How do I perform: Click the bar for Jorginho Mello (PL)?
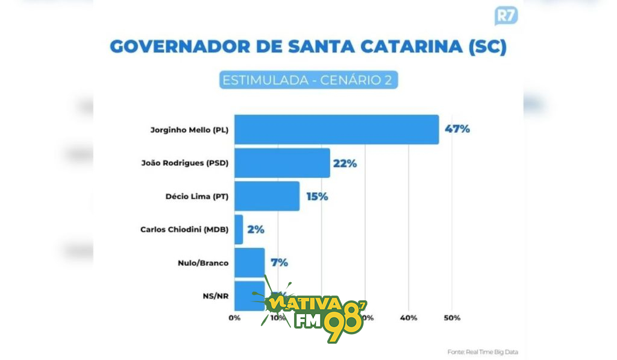(x=336, y=129)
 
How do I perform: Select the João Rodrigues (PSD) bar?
(x=282, y=163)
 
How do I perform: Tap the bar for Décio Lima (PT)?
(x=267, y=196)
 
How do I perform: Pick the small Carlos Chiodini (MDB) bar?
(x=239, y=229)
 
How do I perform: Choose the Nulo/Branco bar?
(x=249, y=262)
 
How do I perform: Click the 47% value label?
(x=457, y=129)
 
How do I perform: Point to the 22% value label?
(x=345, y=163)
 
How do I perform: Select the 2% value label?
(x=255, y=230)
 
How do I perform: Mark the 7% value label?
(x=279, y=263)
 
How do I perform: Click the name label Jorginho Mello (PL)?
(x=189, y=130)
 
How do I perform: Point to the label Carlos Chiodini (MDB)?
(x=184, y=230)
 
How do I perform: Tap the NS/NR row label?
(x=216, y=295)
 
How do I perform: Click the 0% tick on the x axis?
(x=234, y=318)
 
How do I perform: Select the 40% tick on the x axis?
(x=409, y=318)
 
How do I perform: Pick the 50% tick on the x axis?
(x=453, y=318)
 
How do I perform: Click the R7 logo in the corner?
(x=506, y=15)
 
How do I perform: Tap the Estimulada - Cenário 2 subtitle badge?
(x=308, y=80)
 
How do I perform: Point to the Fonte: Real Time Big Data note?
(x=483, y=352)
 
